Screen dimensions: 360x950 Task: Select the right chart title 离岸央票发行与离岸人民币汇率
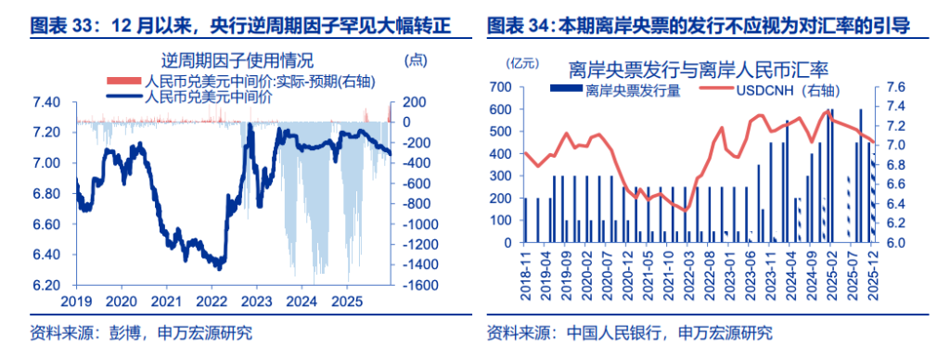[x=698, y=70]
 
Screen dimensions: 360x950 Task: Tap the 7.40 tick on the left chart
[x=47, y=102]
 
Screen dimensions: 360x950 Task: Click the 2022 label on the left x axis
[x=212, y=302]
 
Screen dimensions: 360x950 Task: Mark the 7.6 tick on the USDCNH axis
[x=897, y=87]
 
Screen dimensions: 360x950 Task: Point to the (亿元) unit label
[x=522, y=63]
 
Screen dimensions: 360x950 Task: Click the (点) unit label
[x=416, y=61]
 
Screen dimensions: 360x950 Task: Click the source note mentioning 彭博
[x=140, y=332]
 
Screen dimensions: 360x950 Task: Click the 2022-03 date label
[x=687, y=275]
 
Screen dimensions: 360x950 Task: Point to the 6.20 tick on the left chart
[x=47, y=285]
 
